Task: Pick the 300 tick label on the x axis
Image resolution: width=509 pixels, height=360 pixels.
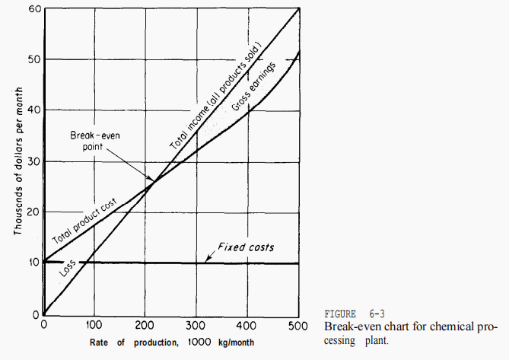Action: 197,325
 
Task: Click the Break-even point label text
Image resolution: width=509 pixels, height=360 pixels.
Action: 92,140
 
